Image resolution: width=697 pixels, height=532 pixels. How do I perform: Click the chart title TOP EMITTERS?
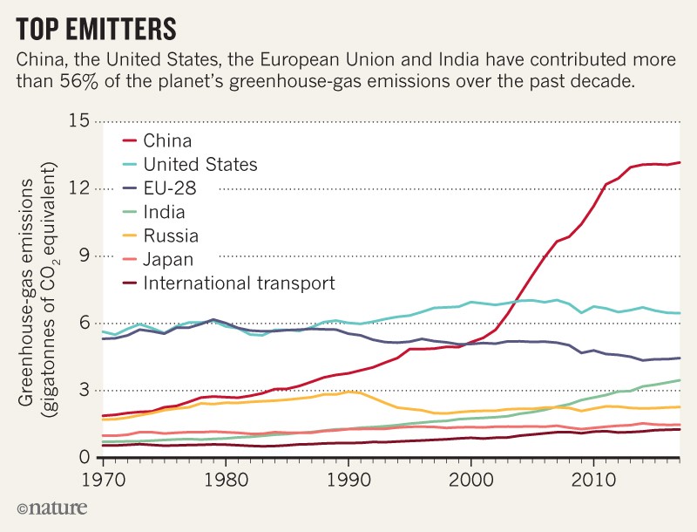coord(96,28)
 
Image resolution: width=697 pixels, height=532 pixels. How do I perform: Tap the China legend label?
coord(167,140)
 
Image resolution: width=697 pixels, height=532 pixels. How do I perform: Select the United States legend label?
coord(200,163)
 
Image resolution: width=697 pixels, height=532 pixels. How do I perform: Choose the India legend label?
coord(165,211)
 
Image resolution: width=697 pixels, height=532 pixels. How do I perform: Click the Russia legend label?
coord(171,235)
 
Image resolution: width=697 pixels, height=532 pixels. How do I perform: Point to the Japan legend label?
coord(168,259)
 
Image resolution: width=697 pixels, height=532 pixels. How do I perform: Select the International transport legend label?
coord(239,283)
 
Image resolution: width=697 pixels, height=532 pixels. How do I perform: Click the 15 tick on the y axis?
coord(80,120)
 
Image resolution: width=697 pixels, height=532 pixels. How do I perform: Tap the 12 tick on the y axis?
coord(80,188)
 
